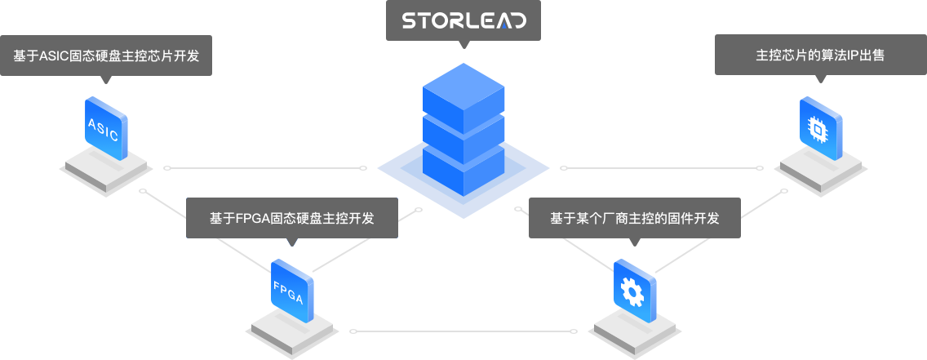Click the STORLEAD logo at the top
[x=463, y=20]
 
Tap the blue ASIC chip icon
[x=104, y=127]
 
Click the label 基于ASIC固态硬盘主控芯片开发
[x=106, y=56]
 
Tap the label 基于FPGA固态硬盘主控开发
[x=291, y=218]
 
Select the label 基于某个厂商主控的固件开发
[x=634, y=218]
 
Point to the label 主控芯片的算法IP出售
[x=820, y=56]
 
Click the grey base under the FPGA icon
[x=293, y=331]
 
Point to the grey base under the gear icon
[x=634, y=331]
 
